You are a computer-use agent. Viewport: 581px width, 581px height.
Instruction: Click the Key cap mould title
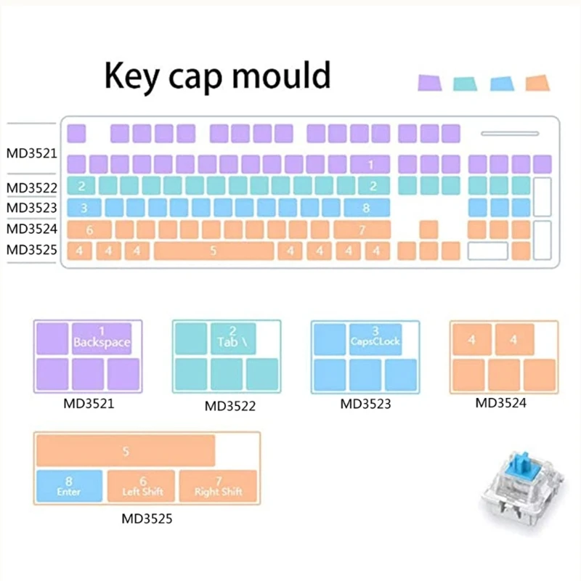[x=218, y=76]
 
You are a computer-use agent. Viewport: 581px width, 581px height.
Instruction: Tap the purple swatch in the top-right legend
[x=429, y=82]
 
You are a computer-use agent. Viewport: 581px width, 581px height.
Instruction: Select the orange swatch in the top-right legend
[x=537, y=82]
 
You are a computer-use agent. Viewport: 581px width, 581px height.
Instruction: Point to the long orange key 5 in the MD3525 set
[x=126, y=451]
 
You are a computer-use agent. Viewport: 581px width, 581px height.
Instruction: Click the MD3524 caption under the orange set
[x=500, y=402]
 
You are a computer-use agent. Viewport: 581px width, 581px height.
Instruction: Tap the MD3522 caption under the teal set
[x=229, y=406]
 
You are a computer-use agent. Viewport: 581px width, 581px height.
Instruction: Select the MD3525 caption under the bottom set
[x=147, y=519]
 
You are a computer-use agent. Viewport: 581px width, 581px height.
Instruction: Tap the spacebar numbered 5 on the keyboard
[x=213, y=251]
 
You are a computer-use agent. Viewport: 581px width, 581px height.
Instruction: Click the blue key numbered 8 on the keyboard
[x=366, y=208]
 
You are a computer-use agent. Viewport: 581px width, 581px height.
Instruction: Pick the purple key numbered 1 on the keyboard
[x=371, y=164]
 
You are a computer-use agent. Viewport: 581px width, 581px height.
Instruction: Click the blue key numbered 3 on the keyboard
[x=84, y=208]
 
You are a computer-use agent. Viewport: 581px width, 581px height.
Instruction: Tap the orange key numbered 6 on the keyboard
[x=89, y=230]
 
